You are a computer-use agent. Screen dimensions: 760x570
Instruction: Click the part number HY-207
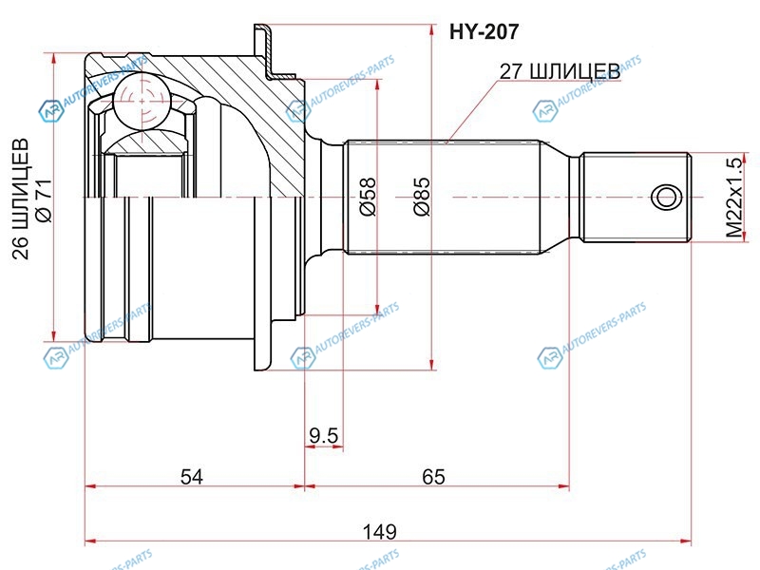tap(484, 32)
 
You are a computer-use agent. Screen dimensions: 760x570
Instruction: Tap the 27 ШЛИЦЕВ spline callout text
tap(560, 72)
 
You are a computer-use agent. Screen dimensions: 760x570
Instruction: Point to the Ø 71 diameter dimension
tap(44, 199)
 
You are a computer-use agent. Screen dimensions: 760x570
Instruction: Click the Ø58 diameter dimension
tap(368, 196)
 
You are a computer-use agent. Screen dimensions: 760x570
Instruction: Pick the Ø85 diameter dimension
tap(422, 196)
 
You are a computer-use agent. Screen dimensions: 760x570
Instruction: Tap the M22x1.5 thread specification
tap(733, 198)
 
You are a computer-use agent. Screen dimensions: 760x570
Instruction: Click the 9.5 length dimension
tap(323, 436)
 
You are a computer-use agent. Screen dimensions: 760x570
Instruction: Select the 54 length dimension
tap(192, 477)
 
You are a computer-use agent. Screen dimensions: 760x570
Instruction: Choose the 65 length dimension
tap(433, 477)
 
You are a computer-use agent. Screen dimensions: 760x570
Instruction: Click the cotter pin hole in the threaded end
tap(667, 198)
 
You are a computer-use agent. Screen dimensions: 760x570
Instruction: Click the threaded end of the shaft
tap(636, 198)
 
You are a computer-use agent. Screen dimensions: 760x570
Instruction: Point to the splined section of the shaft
tap(442, 198)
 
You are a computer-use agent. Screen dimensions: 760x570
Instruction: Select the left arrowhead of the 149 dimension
tap(90, 541)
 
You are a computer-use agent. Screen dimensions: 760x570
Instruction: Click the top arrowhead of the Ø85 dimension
tap(431, 28)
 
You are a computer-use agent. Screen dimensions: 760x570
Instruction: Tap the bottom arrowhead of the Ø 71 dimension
tap(53, 336)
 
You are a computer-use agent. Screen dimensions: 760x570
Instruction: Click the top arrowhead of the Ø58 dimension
tap(377, 84)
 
